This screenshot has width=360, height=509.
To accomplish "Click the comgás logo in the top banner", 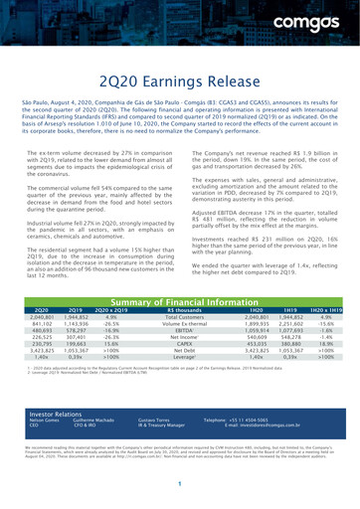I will [x=320, y=17].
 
